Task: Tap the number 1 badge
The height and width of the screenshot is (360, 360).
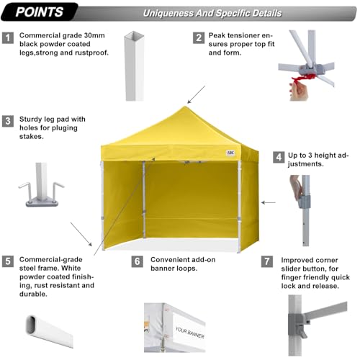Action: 8,37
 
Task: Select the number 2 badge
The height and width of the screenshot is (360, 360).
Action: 198,37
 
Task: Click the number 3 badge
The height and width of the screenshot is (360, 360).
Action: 8,121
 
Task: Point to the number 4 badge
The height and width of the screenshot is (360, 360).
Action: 278,156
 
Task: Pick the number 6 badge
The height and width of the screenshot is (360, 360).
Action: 137,261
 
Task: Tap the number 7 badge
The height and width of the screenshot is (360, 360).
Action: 267,261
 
